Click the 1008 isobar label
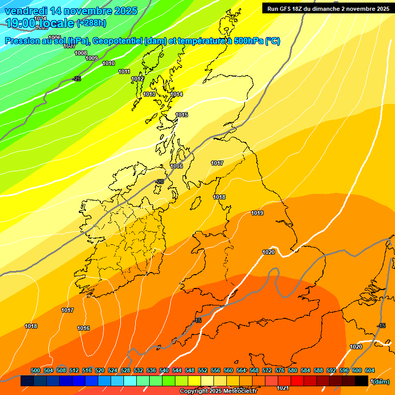[81, 53]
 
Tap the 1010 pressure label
[109, 63]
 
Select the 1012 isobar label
[137, 79]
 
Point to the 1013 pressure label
[149, 94]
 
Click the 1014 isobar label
[176, 94]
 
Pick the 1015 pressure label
[182, 115]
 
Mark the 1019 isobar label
[257, 213]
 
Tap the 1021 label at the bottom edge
[282, 388]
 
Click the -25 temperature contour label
[77, 79]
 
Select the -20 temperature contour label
[159, 182]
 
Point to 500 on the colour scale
[35, 370]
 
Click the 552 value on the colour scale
[203, 370]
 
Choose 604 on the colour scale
[370, 370]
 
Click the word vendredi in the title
[25, 11]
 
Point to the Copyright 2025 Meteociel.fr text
[218, 391]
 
